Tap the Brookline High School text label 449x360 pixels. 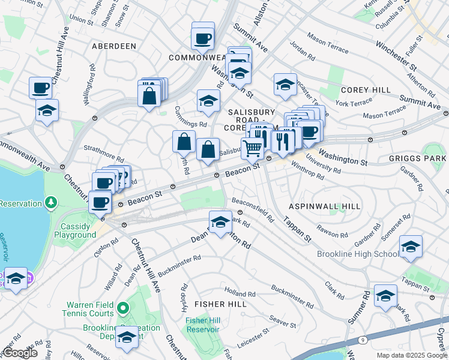(358, 254)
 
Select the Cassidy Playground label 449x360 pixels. (77, 230)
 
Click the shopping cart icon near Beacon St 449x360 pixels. (253, 148)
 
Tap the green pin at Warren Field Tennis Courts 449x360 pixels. (123, 309)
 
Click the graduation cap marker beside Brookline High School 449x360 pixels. (411, 246)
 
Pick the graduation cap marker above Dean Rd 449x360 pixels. (220, 221)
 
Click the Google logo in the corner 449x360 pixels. (20, 353)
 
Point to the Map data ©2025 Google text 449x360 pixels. (412, 355)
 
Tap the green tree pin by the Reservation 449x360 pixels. (52, 202)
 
